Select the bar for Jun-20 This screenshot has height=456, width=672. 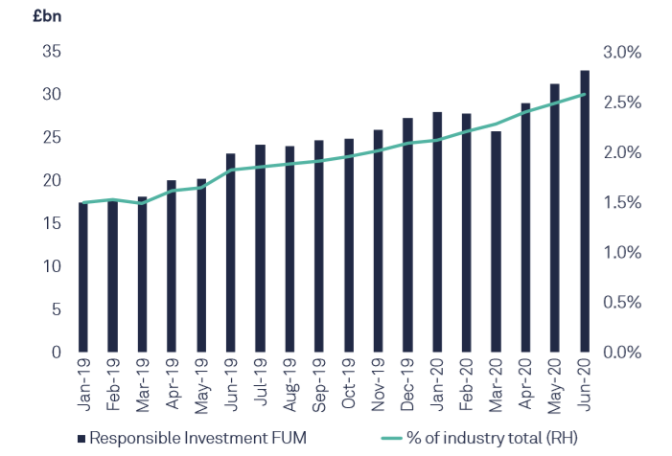point(585,211)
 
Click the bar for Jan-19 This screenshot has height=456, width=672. point(83,277)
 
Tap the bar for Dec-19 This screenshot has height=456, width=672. point(407,235)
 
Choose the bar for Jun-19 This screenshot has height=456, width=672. point(230,253)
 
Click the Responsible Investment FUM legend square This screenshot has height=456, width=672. point(81,438)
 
